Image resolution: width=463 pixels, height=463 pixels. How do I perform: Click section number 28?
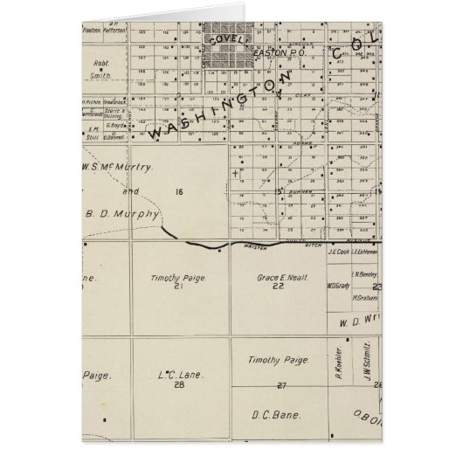click(x=179, y=384)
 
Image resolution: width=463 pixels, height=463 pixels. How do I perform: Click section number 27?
click(x=280, y=385)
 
